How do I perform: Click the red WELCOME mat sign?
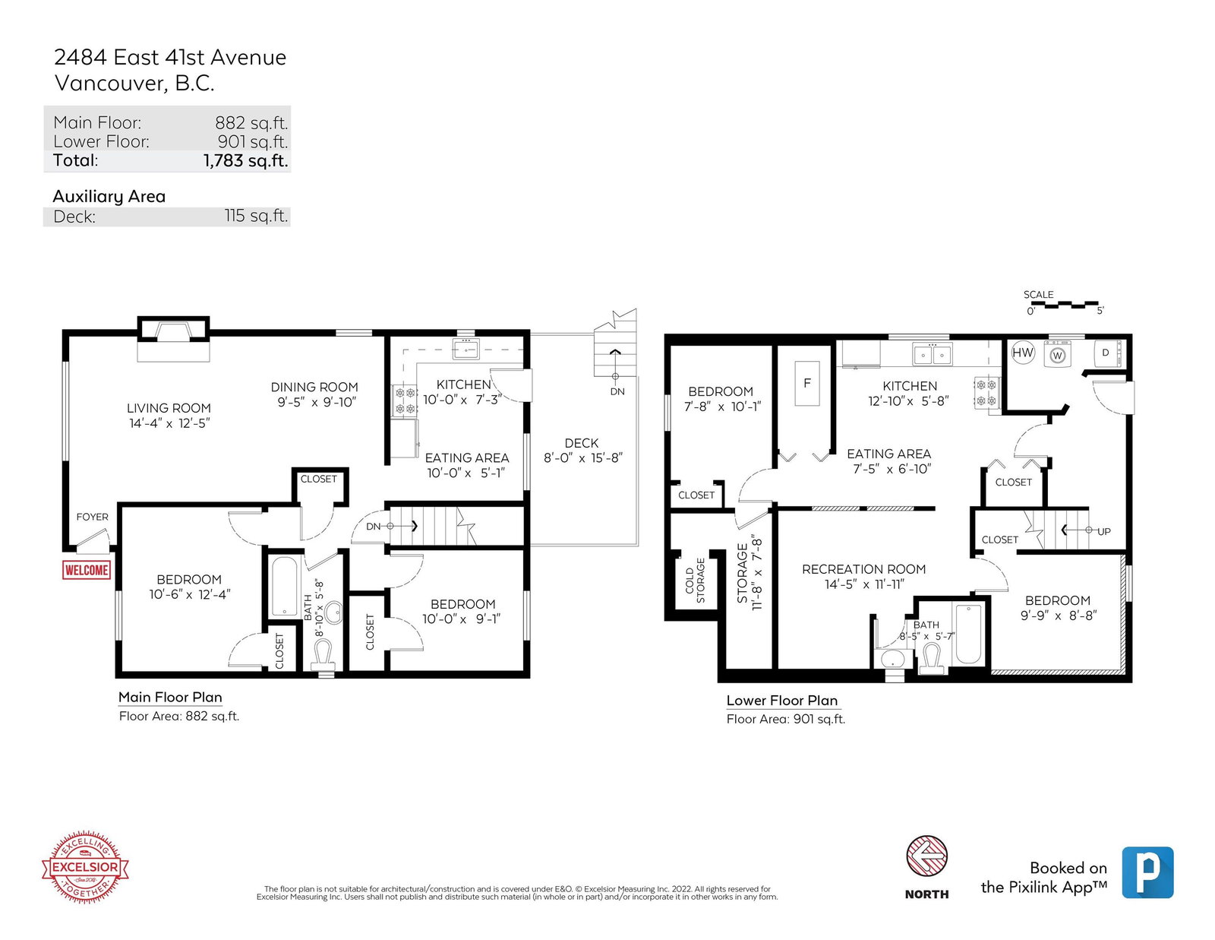[x=86, y=570]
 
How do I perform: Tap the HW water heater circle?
[x=1023, y=353]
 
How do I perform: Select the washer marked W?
[x=1057, y=355]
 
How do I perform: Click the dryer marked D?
[x=1108, y=353]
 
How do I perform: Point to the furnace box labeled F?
[x=806, y=383]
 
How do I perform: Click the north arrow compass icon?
[x=926, y=856]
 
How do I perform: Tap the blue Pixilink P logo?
[x=1147, y=872]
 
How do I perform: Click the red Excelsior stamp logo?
[x=85, y=867]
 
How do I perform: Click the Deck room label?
[x=582, y=443]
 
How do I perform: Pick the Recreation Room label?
[x=864, y=569]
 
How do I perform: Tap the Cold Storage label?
[x=695, y=581]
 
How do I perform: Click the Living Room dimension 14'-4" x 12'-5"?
[x=169, y=423]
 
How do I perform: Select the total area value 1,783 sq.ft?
[x=246, y=160]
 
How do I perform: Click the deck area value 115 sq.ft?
[x=256, y=216]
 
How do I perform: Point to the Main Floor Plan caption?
[x=170, y=697]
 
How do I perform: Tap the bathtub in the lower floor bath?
[x=968, y=634]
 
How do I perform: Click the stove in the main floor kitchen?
[x=404, y=400]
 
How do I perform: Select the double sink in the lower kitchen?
[x=932, y=355]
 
